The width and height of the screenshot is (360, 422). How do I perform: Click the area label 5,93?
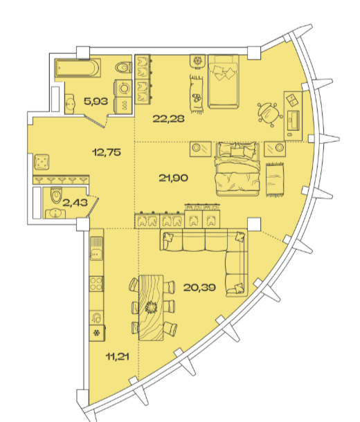(x=96, y=102)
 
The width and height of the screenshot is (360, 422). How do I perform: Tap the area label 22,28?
(x=168, y=119)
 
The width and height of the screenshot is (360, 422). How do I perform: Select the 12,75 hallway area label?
(x=107, y=152)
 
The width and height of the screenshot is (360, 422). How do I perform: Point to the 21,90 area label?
(x=173, y=178)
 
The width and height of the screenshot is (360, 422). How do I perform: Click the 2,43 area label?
(x=75, y=203)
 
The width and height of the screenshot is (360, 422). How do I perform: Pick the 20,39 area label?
(x=199, y=288)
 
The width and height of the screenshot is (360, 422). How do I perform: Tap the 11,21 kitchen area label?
(x=118, y=357)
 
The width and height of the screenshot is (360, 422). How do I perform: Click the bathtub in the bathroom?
(x=78, y=68)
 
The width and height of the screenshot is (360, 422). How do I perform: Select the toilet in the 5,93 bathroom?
(x=124, y=67)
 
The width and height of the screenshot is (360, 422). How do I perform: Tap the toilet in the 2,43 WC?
(x=56, y=195)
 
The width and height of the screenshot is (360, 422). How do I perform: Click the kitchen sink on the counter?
(x=96, y=248)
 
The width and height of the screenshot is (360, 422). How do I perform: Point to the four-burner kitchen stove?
(x=96, y=284)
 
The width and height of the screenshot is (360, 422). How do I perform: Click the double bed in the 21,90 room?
(x=237, y=169)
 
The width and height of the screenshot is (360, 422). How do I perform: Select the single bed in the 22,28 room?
(x=223, y=81)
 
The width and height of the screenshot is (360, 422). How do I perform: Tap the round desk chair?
(x=269, y=114)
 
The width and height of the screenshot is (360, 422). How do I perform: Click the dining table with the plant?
(x=151, y=308)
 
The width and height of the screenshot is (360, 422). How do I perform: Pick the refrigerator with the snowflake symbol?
(x=97, y=333)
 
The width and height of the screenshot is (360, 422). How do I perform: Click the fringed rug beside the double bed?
(x=275, y=179)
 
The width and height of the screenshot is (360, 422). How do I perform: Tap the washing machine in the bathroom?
(x=124, y=89)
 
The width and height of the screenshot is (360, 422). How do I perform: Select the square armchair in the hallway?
(x=42, y=162)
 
